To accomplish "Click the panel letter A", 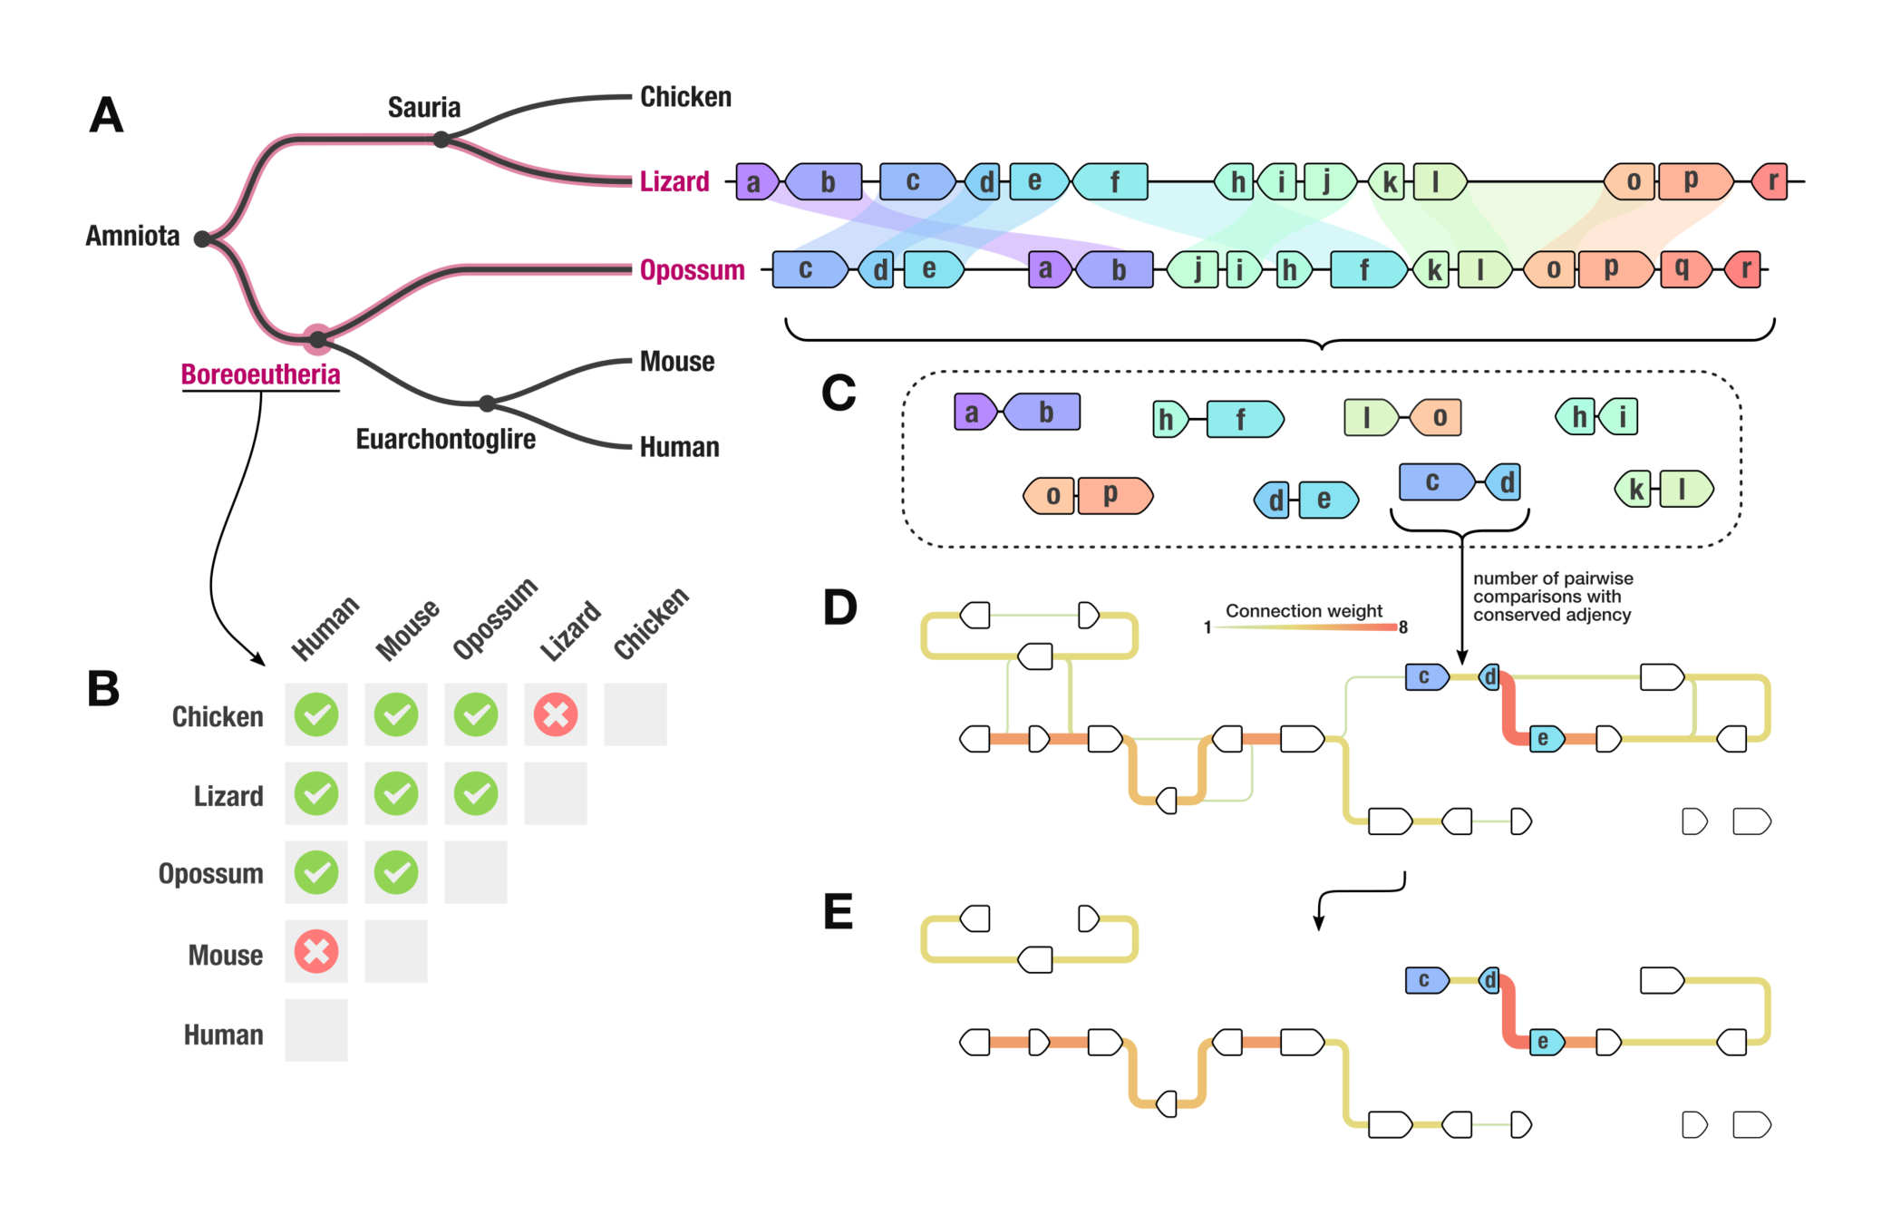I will click(x=106, y=116).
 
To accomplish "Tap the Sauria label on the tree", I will click(x=424, y=107).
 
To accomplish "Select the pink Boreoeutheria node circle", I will click(x=317, y=340).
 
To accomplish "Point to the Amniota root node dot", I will click(x=202, y=238).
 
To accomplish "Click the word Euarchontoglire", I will click(x=445, y=440).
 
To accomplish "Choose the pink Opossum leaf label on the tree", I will click(x=692, y=270).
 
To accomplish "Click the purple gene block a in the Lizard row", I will click(x=755, y=182).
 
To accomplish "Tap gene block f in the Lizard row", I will click(x=1113, y=182).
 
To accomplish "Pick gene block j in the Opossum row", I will click(x=1197, y=269).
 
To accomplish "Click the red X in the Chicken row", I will click(x=556, y=714).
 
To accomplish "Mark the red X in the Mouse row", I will click(x=316, y=952).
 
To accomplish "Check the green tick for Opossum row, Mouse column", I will click(x=396, y=872).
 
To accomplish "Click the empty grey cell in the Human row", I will click(x=316, y=1031).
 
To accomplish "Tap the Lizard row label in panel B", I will click(x=228, y=796).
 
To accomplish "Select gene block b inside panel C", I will click(x=1044, y=413).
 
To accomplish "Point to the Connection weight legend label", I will click(x=1304, y=611).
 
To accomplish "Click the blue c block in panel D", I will click(x=1425, y=677).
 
